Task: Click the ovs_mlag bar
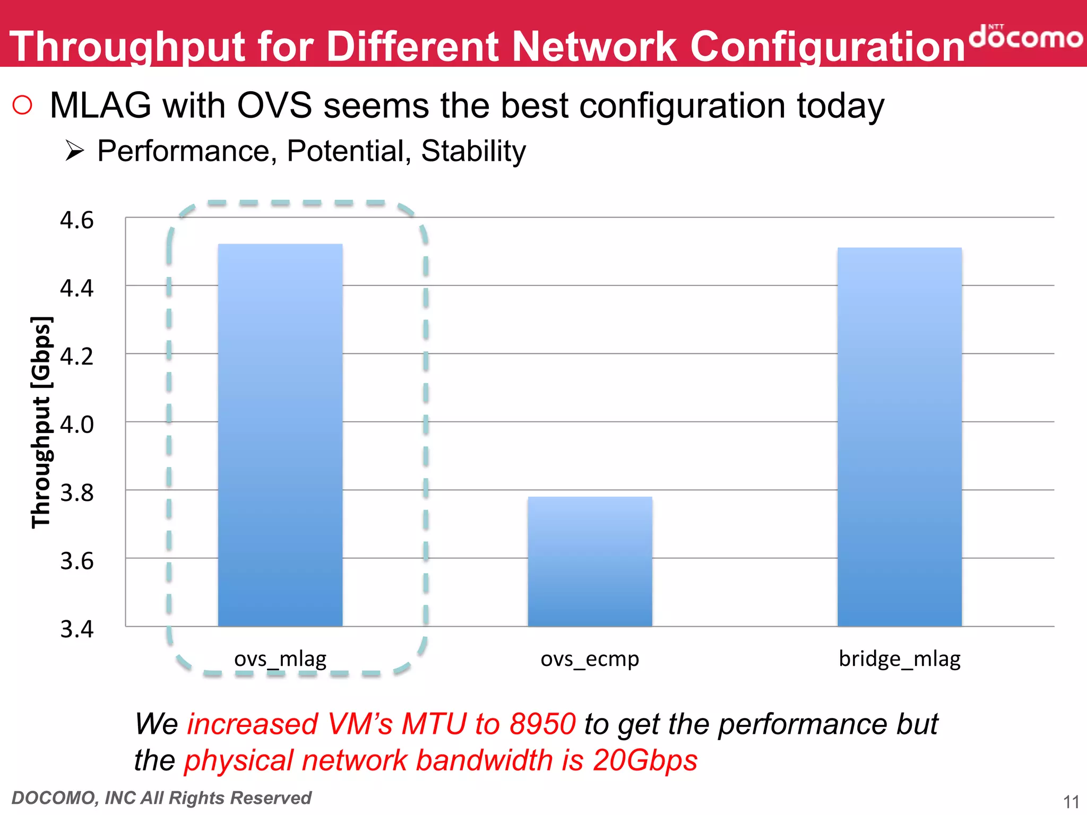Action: tap(280, 435)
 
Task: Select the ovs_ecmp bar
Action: tap(590, 561)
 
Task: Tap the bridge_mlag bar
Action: tap(900, 437)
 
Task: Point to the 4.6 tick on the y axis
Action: tap(76, 220)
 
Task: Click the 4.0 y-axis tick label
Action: tap(76, 424)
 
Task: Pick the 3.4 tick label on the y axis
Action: tap(76, 629)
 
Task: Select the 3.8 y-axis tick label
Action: tap(76, 493)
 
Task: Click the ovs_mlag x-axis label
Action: tap(280, 659)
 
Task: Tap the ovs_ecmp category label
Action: tap(590, 659)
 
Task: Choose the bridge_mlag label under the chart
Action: tap(900, 659)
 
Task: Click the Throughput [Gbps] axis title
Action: tap(41, 422)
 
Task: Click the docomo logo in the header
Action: tap(1025, 36)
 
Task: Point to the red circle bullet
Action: tap(22, 105)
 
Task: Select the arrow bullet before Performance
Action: tap(75, 151)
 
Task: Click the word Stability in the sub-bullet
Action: tap(473, 151)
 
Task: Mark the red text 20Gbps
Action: tap(645, 760)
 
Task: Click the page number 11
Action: tap(1071, 801)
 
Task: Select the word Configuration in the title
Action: tap(827, 47)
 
